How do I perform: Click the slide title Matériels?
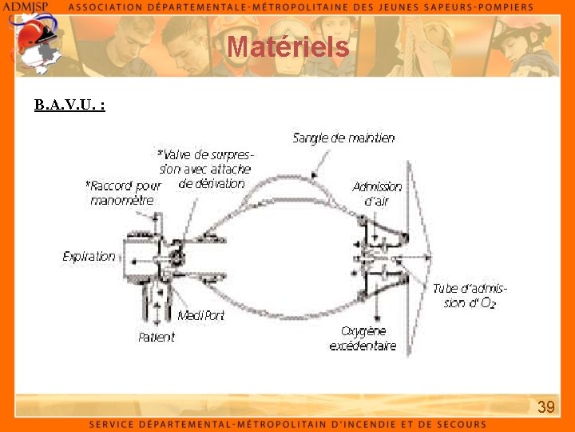287,47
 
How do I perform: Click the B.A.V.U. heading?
69,105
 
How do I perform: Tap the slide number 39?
545,408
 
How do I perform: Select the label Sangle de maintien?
343,138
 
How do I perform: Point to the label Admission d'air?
377,194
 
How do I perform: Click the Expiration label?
89,257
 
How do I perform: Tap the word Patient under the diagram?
156,338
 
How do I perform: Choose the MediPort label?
200,316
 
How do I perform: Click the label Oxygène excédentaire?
363,338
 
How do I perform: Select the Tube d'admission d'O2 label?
470,296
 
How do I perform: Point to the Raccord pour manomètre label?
123,193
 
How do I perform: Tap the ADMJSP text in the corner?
26,6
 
